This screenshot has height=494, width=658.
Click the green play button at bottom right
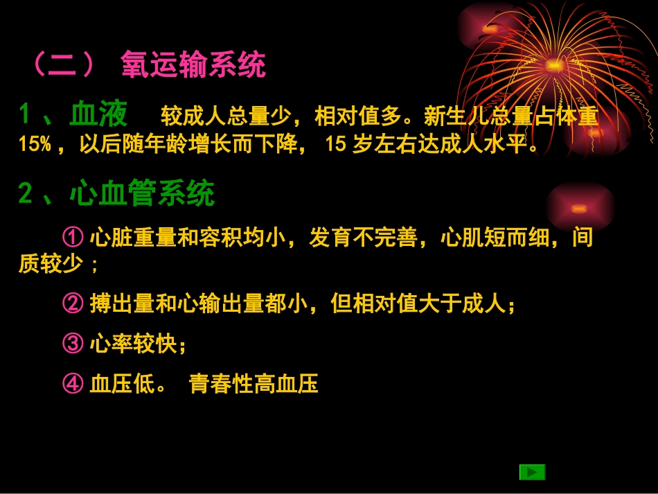tap(532, 472)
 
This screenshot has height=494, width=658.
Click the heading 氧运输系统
tap(193, 66)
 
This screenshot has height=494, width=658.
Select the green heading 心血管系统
tap(143, 194)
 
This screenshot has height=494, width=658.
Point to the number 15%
tap(35, 145)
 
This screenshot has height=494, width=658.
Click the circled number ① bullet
tap(73, 238)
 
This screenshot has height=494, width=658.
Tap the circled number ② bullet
tap(73, 304)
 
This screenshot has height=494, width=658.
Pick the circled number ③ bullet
tap(73, 344)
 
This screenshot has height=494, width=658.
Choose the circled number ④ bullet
tap(73, 384)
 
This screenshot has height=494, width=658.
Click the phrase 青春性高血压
tap(254, 384)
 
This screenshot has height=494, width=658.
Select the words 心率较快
tap(134, 344)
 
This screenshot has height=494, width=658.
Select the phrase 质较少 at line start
tap(51, 265)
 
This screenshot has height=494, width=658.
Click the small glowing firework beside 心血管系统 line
tap(580, 208)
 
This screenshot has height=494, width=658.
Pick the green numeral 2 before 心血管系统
tap(26, 195)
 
